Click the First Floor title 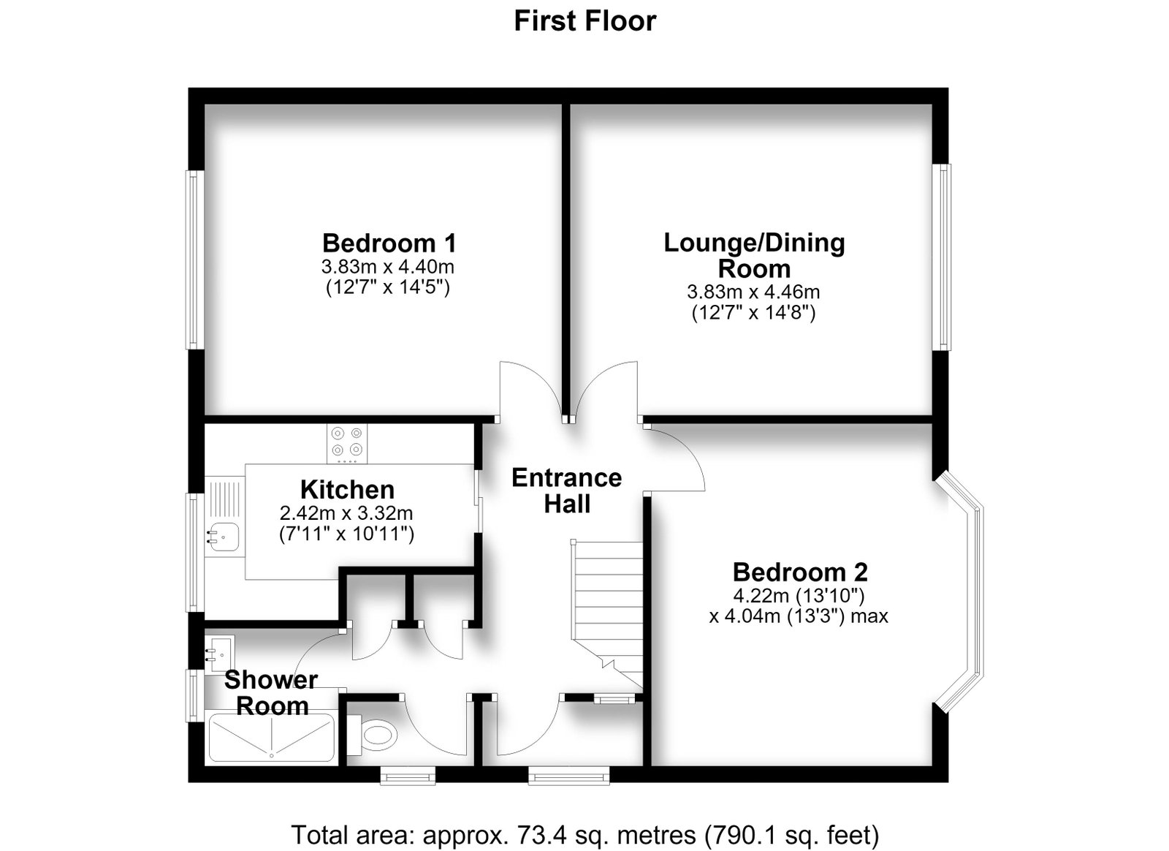[x=585, y=21]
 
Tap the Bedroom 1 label [x=389, y=243]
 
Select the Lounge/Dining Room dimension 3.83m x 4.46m [x=753, y=291]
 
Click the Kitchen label [x=347, y=490]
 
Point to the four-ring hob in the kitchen [x=347, y=443]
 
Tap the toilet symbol [x=372, y=735]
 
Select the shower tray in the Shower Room [x=271, y=737]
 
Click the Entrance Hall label [x=567, y=491]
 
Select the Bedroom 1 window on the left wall [x=194, y=260]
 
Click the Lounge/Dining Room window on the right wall [x=942, y=257]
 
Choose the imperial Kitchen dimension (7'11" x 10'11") [x=347, y=534]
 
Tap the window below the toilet [x=408, y=775]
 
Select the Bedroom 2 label [x=800, y=572]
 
